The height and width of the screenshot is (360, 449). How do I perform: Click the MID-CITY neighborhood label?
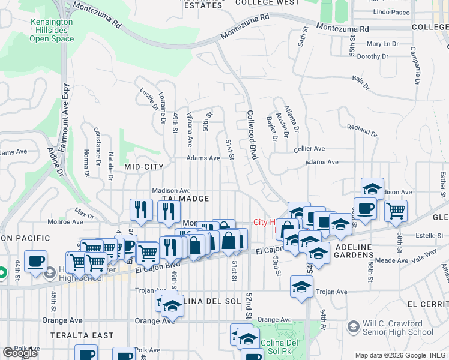[x=145, y=166]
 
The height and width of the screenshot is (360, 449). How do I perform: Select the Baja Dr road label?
[x=360, y=79]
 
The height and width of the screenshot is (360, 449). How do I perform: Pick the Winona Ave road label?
[x=190, y=130]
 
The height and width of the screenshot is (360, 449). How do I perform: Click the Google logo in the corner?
[x=20, y=353]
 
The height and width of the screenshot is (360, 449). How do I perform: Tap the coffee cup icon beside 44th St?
[x=37, y=261]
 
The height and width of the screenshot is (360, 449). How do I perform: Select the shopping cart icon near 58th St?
[x=396, y=210]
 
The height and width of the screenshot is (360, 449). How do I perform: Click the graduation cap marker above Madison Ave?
[x=372, y=188]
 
